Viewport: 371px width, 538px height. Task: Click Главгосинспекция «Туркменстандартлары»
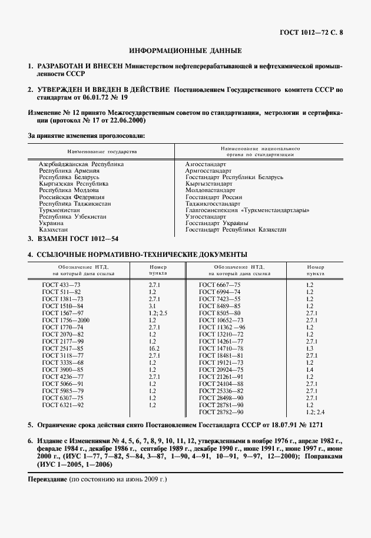[247, 210]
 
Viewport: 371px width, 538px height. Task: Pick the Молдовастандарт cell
[210, 190]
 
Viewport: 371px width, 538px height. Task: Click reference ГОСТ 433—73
[61, 285]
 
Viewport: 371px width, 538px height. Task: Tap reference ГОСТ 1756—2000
[65, 320]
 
